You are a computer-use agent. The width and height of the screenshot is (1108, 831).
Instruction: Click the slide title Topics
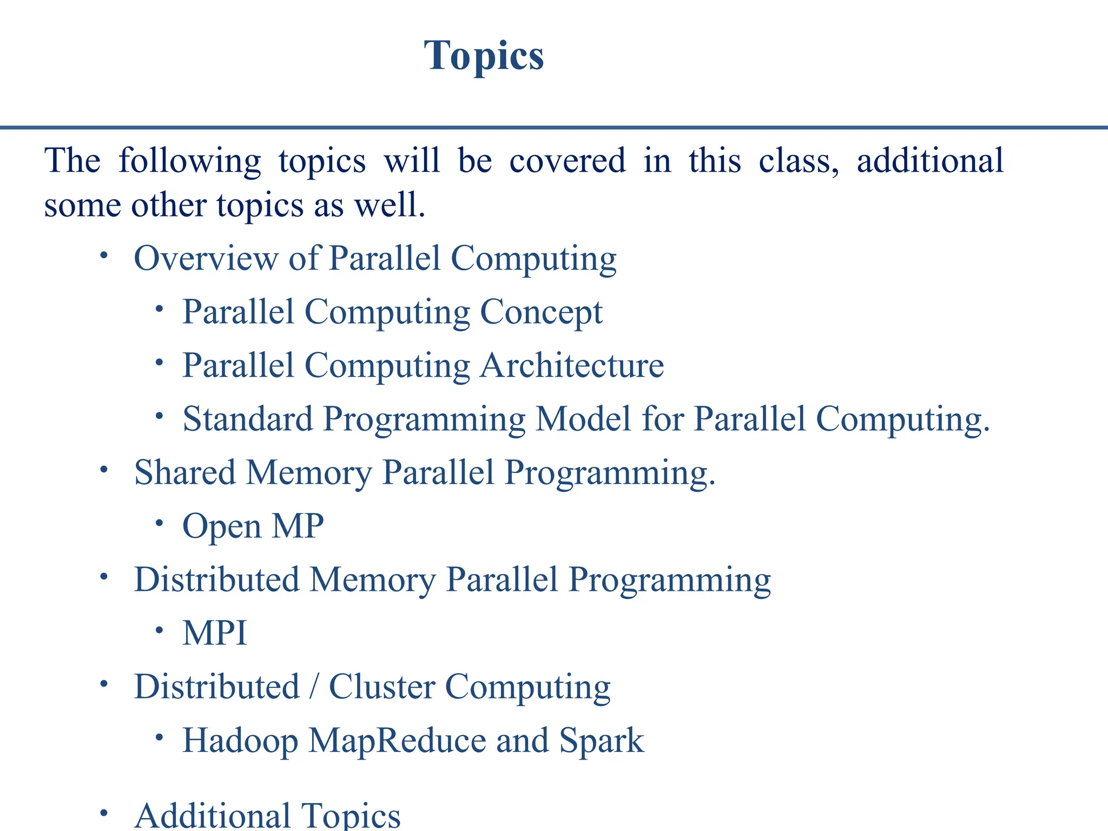(484, 56)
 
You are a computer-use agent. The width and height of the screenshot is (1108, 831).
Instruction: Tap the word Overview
(206, 258)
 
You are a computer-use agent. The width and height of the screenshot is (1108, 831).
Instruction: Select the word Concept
(541, 312)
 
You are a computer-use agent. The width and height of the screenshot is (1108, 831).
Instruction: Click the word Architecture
(572, 366)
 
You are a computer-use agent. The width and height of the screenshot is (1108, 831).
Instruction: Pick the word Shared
(185, 472)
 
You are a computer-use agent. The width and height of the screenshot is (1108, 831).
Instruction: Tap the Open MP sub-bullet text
(253, 526)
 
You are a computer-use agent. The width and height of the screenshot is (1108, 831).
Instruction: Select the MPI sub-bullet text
(215, 633)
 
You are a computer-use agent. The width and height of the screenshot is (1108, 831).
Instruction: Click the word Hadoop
(240, 740)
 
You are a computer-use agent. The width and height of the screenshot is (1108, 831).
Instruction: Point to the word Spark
(602, 740)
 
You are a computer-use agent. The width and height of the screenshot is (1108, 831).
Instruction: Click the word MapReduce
(397, 740)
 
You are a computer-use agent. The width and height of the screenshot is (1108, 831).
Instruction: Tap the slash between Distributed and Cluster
(314, 687)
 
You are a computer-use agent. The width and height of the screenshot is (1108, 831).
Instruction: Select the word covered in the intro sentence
(567, 161)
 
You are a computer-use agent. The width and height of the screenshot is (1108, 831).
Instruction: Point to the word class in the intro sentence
(799, 161)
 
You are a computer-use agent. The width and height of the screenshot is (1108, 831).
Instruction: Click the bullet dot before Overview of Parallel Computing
(104, 255)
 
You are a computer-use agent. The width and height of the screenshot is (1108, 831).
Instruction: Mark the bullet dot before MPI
(159, 630)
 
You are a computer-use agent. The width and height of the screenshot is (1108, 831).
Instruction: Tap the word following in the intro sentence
(189, 162)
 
